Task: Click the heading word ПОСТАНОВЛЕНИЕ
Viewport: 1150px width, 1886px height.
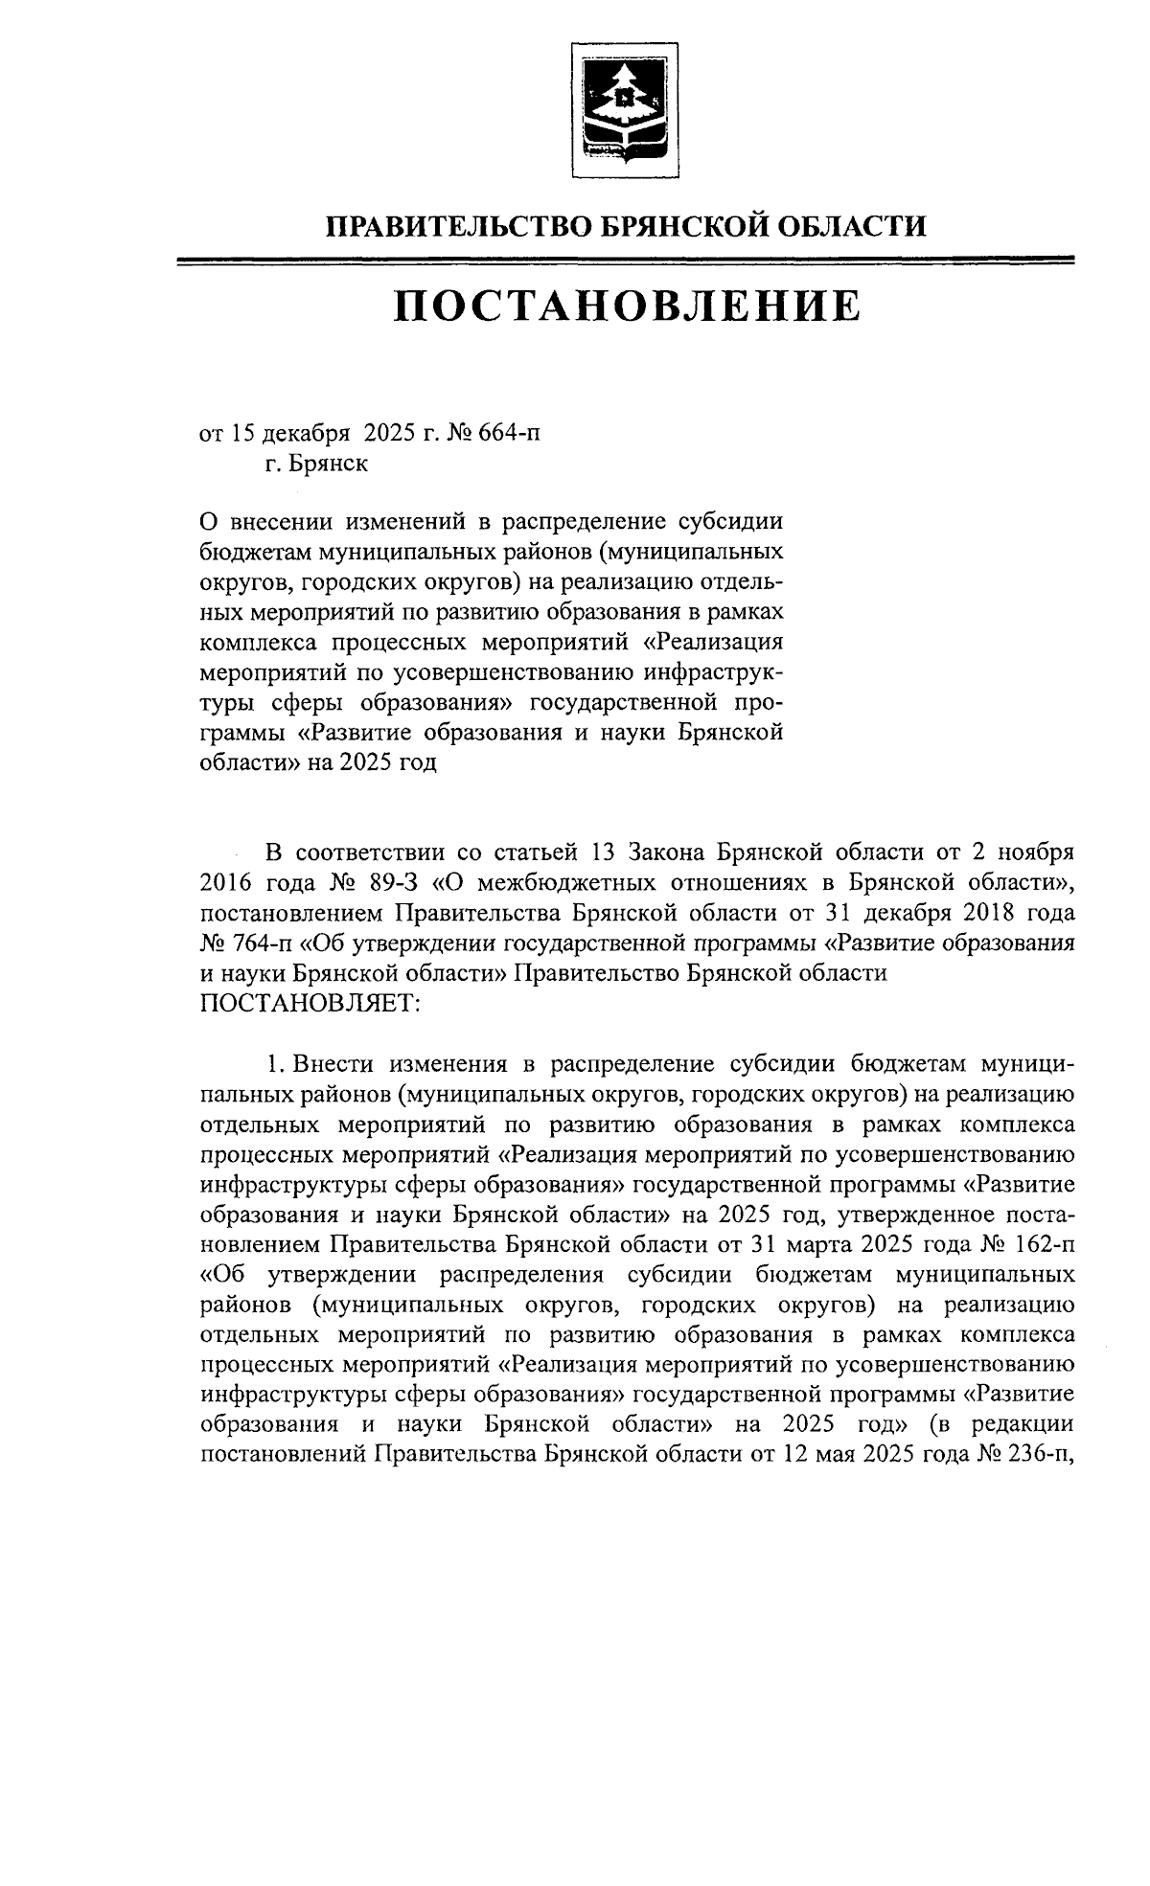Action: [x=626, y=307]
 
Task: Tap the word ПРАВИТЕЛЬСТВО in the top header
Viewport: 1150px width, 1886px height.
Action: [x=458, y=226]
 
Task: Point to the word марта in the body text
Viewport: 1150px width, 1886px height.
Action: [x=820, y=1246]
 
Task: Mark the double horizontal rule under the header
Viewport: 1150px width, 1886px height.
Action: [x=626, y=260]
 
